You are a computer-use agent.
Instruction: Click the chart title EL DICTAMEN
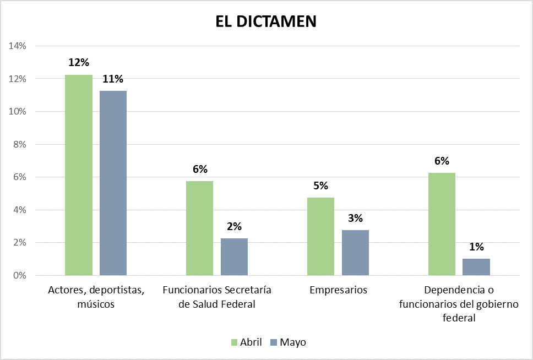click(266, 21)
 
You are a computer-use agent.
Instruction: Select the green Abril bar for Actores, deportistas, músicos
click(79, 175)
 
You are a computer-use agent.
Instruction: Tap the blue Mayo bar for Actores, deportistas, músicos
click(113, 183)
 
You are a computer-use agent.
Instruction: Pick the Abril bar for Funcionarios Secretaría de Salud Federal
click(199, 228)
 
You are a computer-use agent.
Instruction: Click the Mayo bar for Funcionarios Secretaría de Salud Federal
click(234, 257)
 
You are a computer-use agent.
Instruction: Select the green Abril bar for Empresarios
click(320, 236)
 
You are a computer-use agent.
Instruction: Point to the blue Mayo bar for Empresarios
click(355, 253)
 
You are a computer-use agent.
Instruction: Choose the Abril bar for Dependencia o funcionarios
click(442, 224)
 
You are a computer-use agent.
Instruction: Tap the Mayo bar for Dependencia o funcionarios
click(476, 267)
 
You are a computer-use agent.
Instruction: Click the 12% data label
click(79, 62)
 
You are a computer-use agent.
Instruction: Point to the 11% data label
click(113, 79)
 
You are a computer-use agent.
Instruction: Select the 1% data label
click(476, 247)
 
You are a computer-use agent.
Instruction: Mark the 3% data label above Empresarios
click(355, 218)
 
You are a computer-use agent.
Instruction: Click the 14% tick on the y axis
click(18, 46)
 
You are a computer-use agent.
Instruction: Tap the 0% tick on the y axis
click(19, 275)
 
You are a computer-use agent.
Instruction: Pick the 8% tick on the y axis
click(19, 144)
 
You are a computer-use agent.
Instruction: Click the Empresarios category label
click(338, 290)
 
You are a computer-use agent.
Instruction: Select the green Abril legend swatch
click(233, 342)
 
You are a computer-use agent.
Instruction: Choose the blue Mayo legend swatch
click(274, 342)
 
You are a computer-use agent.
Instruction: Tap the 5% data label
click(320, 186)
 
